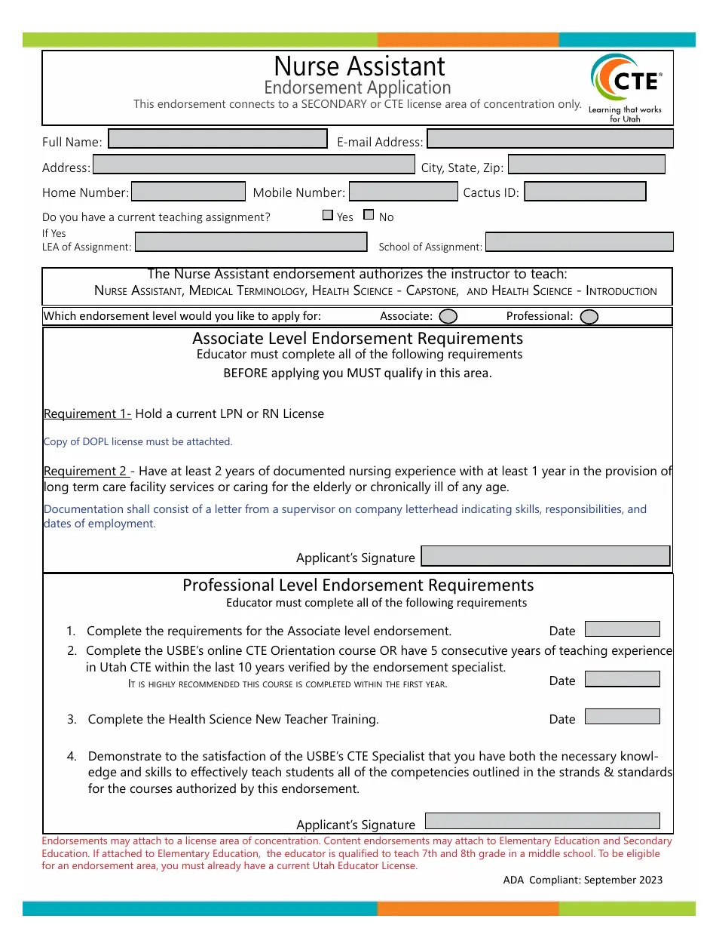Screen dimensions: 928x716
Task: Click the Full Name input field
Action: coord(218,139)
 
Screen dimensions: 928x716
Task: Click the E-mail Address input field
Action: coord(549,139)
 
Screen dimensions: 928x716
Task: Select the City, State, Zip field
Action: coord(586,164)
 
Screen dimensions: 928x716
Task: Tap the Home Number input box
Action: coord(188,192)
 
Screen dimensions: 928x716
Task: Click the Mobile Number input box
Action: coord(403,192)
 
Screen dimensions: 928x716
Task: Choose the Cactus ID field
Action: coord(585,192)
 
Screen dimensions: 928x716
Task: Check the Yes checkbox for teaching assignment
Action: coord(327,215)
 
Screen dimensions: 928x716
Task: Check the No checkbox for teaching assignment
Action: coord(369,215)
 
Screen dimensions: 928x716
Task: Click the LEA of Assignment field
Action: coord(250,242)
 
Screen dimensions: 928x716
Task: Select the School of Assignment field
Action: coord(579,242)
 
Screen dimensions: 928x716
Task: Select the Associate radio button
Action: coord(448,316)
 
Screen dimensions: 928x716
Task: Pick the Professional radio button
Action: coord(589,317)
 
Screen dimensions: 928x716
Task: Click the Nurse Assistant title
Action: coord(360,66)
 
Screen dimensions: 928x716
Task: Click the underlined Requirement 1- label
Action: coord(87,413)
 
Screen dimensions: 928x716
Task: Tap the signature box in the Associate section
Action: coord(545,556)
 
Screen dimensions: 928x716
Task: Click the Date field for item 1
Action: coord(622,629)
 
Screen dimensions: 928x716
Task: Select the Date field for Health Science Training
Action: coord(622,717)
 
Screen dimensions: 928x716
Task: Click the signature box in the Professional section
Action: coord(543,821)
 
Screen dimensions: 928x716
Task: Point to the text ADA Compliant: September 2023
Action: coord(583,880)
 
